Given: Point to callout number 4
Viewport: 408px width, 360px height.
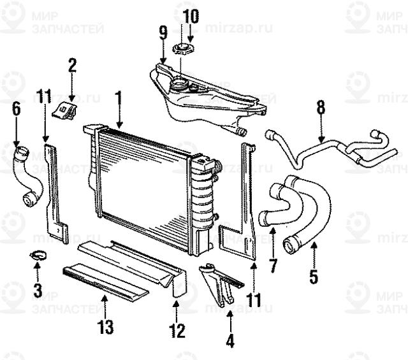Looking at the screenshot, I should [x=229, y=341].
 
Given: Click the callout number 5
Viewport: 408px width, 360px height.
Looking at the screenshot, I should [x=314, y=277].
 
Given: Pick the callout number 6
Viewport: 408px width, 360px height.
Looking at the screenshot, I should [x=16, y=109].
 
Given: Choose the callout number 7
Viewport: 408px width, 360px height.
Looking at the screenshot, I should [x=273, y=265].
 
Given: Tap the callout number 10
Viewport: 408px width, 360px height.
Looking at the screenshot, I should [x=189, y=16].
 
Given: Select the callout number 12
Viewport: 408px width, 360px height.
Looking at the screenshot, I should [x=177, y=331].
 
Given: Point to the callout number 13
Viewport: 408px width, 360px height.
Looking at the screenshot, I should [x=105, y=328].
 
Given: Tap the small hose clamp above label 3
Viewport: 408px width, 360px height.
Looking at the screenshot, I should [x=38, y=256].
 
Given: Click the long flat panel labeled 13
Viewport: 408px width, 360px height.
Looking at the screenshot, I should [x=105, y=280].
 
